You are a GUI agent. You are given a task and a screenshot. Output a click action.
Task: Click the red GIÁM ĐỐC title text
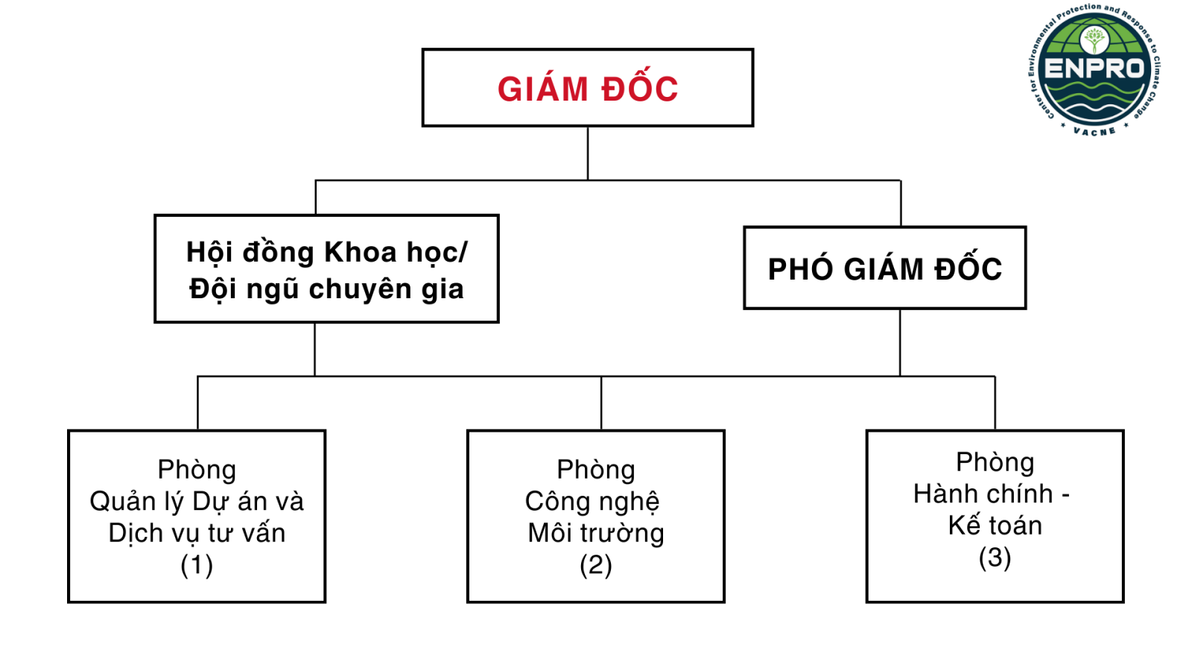pos(588,89)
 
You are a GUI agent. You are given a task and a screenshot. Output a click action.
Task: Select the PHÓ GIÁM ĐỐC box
pos(884,268)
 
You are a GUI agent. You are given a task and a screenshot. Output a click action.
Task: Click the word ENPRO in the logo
pos(1094,69)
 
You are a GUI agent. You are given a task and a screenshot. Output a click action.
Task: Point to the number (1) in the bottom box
pos(197,565)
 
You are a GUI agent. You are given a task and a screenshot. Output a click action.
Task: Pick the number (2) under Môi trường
pos(596,565)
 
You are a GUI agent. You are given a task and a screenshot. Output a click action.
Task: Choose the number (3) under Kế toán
pos(995,558)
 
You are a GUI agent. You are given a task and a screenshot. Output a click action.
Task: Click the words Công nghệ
pos(592,502)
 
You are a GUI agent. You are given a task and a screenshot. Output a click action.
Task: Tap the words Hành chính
pos(983,494)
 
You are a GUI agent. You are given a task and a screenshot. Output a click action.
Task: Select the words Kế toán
pos(995,526)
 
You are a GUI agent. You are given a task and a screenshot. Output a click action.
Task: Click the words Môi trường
pos(596,534)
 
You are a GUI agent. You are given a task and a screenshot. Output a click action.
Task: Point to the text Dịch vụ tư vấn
pos(197,534)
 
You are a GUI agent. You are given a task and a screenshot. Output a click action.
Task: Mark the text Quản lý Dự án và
pos(197,502)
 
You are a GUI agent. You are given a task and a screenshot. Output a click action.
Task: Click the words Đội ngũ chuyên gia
pos(326,289)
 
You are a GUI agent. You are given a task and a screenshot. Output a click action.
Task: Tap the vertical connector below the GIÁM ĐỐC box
pos(588,153)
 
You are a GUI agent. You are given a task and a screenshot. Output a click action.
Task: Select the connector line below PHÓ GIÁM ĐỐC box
pos(900,342)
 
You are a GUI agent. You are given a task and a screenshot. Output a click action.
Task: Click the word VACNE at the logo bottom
pos(1094,131)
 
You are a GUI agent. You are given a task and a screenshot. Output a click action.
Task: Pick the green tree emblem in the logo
pos(1094,39)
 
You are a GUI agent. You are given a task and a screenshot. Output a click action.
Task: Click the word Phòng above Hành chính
pos(995,462)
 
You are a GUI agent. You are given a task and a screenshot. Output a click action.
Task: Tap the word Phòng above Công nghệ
pos(596,470)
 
